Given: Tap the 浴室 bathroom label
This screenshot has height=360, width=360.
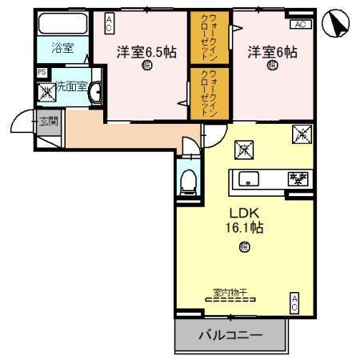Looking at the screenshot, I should pos(62,48).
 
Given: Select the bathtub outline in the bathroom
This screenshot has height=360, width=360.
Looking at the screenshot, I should pos(63,22).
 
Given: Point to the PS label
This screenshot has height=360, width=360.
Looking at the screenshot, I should pos(42,72).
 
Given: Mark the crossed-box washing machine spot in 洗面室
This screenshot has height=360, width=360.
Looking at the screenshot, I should pos(46,92).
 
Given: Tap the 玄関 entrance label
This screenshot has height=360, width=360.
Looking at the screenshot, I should pos(48,122).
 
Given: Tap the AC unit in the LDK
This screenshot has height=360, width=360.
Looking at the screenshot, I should pos(294,302).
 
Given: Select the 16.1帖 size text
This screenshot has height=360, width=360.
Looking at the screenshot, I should pos(246,228).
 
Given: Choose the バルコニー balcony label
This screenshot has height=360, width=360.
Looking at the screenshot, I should pos(230,336).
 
